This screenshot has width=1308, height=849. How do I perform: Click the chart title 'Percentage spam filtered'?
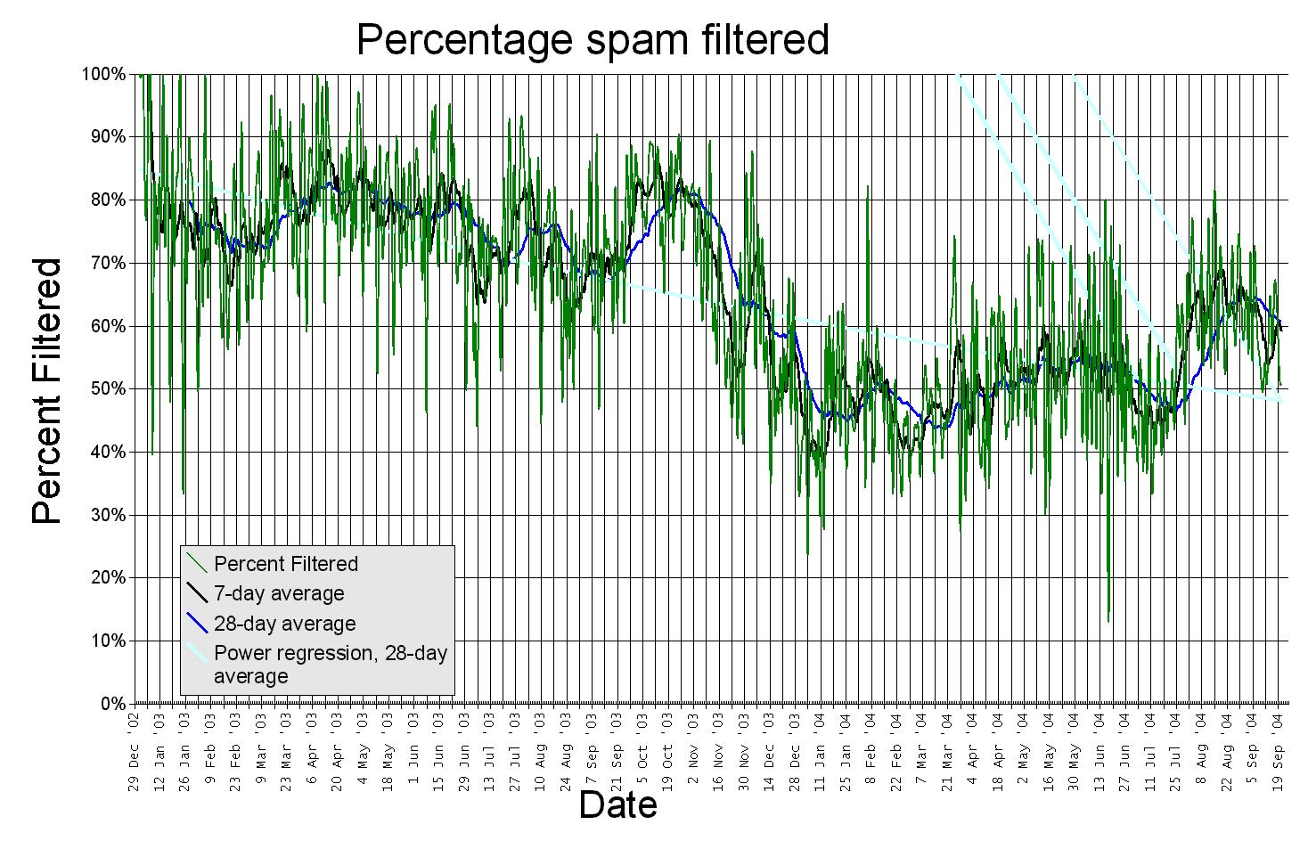click(x=593, y=40)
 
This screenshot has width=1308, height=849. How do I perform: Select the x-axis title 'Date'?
click(x=617, y=804)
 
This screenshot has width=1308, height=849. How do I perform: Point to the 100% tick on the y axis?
click(x=103, y=74)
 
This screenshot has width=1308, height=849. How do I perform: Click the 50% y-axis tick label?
click(x=107, y=389)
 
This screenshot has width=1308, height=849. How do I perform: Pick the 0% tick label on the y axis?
click(x=112, y=704)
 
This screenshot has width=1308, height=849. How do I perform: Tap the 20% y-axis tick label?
click(x=107, y=578)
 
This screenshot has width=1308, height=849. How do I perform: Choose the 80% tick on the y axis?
click(x=107, y=200)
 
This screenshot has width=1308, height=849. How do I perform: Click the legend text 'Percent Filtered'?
click(x=286, y=564)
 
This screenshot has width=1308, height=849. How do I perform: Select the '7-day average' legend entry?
click(x=279, y=593)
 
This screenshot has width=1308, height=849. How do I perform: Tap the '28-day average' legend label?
click(x=284, y=624)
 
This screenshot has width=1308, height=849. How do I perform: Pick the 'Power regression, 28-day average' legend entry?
click(x=330, y=665)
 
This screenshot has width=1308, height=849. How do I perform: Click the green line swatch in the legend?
click(x=197, y=563)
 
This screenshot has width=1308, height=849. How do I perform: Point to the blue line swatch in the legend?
click(x=197, y=623)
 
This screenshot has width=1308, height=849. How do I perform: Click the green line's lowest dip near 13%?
click(x=1108, y=621)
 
